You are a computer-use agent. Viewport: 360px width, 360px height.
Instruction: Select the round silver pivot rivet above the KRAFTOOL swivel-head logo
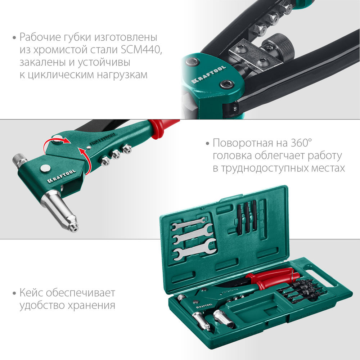45,168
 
